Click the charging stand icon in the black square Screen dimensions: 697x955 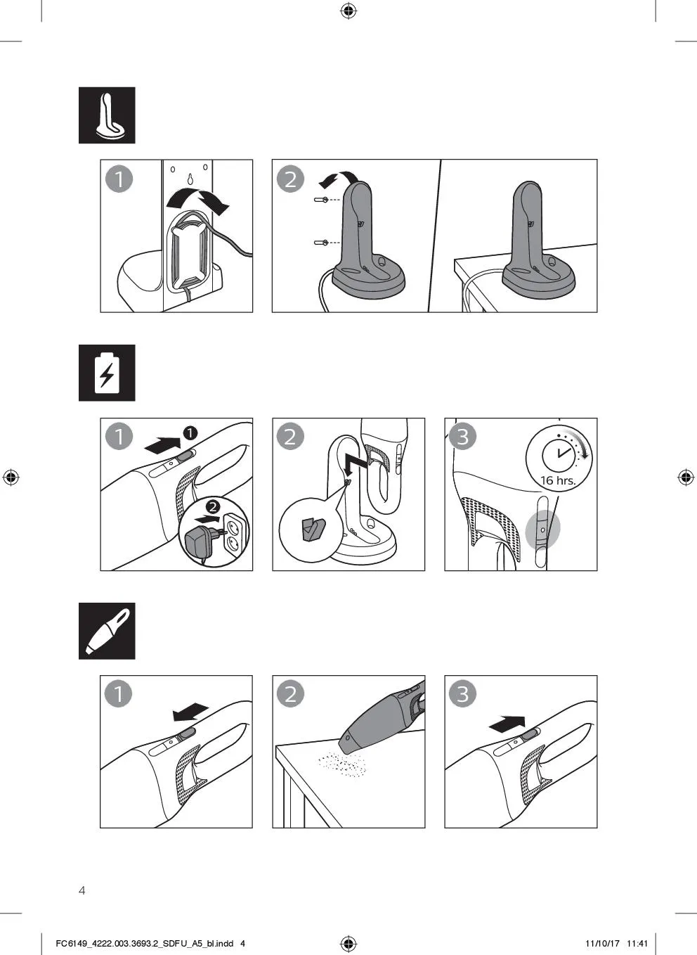pyautogui.click(x=110, y=115)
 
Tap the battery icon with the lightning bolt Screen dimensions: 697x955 pyautogui.click(x=107, y=373)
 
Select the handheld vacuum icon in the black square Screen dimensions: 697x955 pyautogui.click(x=108, y=631)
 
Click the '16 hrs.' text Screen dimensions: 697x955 pyautogui.click(x=558, y=480)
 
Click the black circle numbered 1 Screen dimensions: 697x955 pyautogui.click(x=190, y=432)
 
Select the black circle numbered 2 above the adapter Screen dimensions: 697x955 pyautogui.click(x=213, y=507)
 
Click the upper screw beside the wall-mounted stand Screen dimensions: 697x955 pyautogui.click(x=321, y=199)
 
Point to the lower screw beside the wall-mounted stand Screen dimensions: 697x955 pyautogui.click(x=321, y=243)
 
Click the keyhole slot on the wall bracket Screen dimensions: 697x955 pyautogui.click(x=190, y=179)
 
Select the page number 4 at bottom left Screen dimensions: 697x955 pyautogui.click(x=82, y=890)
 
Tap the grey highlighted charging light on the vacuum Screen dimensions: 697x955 pyautogui.click(x=542, y=530)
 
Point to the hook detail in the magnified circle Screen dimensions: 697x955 pyautogui.click(x=313, y=529)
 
